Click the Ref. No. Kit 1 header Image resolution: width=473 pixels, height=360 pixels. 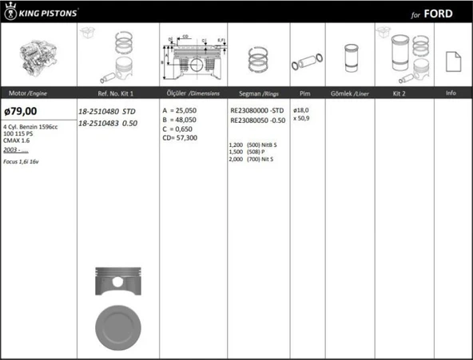point(105,93)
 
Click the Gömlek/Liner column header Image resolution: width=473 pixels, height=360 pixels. point(349,93)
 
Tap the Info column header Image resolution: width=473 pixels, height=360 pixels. point(451,93)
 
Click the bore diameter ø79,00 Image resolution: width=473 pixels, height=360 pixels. point(20,111)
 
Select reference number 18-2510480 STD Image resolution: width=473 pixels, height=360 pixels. point(107,111)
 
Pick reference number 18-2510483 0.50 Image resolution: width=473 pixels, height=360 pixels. point(107,122)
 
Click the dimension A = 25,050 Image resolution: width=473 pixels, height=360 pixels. point(181,110)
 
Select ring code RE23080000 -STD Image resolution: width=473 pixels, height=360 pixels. point(256,110)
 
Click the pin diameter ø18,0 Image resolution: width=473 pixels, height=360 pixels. point(301,110)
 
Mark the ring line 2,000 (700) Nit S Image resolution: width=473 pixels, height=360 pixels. point(251,159)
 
